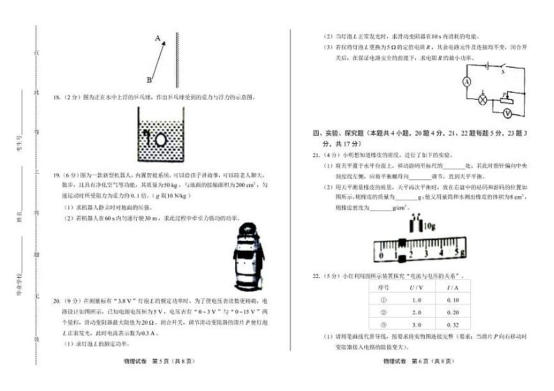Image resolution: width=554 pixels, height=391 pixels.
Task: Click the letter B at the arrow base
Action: (149, 80)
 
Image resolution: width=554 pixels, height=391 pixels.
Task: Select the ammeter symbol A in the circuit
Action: (468, 82)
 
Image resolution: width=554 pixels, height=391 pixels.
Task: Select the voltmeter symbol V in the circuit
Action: (507, 112)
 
